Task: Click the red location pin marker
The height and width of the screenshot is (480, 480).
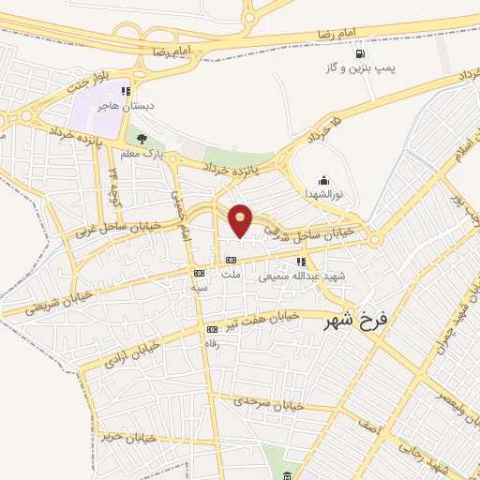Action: pos(240,220)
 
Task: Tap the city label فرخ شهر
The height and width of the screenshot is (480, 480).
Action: pos(355,322)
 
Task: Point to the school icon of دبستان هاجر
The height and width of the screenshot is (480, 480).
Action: pos(125,91)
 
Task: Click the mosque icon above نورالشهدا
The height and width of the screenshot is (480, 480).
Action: pos(324,180)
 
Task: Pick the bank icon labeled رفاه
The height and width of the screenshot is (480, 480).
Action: pos(212,329)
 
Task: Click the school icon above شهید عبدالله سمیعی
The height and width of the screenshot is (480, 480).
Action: pos(300,262)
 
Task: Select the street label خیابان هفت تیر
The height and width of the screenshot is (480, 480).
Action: pos(267,317)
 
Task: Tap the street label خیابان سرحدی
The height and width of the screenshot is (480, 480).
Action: pos(272,402)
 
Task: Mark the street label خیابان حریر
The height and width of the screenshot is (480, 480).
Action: pos(127,437)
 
